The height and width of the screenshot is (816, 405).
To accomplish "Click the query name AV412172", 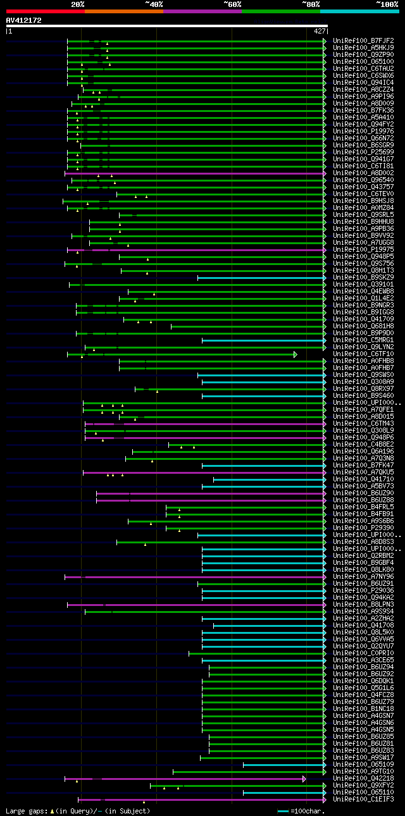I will point(23,20).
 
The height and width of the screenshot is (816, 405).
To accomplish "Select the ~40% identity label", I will point(154,4).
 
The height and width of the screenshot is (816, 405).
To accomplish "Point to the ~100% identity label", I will point(387,4).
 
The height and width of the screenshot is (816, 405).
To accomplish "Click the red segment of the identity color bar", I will point(45,11).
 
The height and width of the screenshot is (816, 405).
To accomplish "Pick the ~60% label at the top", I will point(232,4).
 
